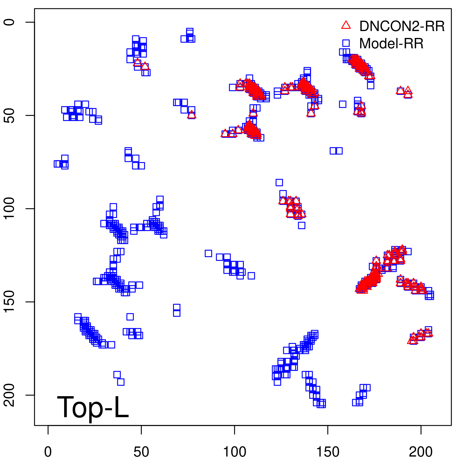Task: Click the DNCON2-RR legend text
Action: (x=402, y=26)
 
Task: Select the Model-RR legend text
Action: (x=391, y=44)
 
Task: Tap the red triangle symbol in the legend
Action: (x=346, y=25)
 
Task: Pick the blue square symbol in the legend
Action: (x=346, y=43)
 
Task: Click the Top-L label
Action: (x=93, y=407)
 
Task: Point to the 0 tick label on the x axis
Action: (x=48, y=452)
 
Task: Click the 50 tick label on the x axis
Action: (x=141, y=452)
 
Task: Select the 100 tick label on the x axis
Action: (x=235, y=452)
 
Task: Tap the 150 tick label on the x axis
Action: (x=328, y=452)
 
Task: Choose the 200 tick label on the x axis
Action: (x=421, y=452)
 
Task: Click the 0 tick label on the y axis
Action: (x=9, y=22)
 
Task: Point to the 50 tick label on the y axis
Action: (x=9, y=116)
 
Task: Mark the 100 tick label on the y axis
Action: (x=9, y=209)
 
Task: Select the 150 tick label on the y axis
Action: (x=9, y=302)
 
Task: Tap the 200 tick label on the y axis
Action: (x=9, y=395)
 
